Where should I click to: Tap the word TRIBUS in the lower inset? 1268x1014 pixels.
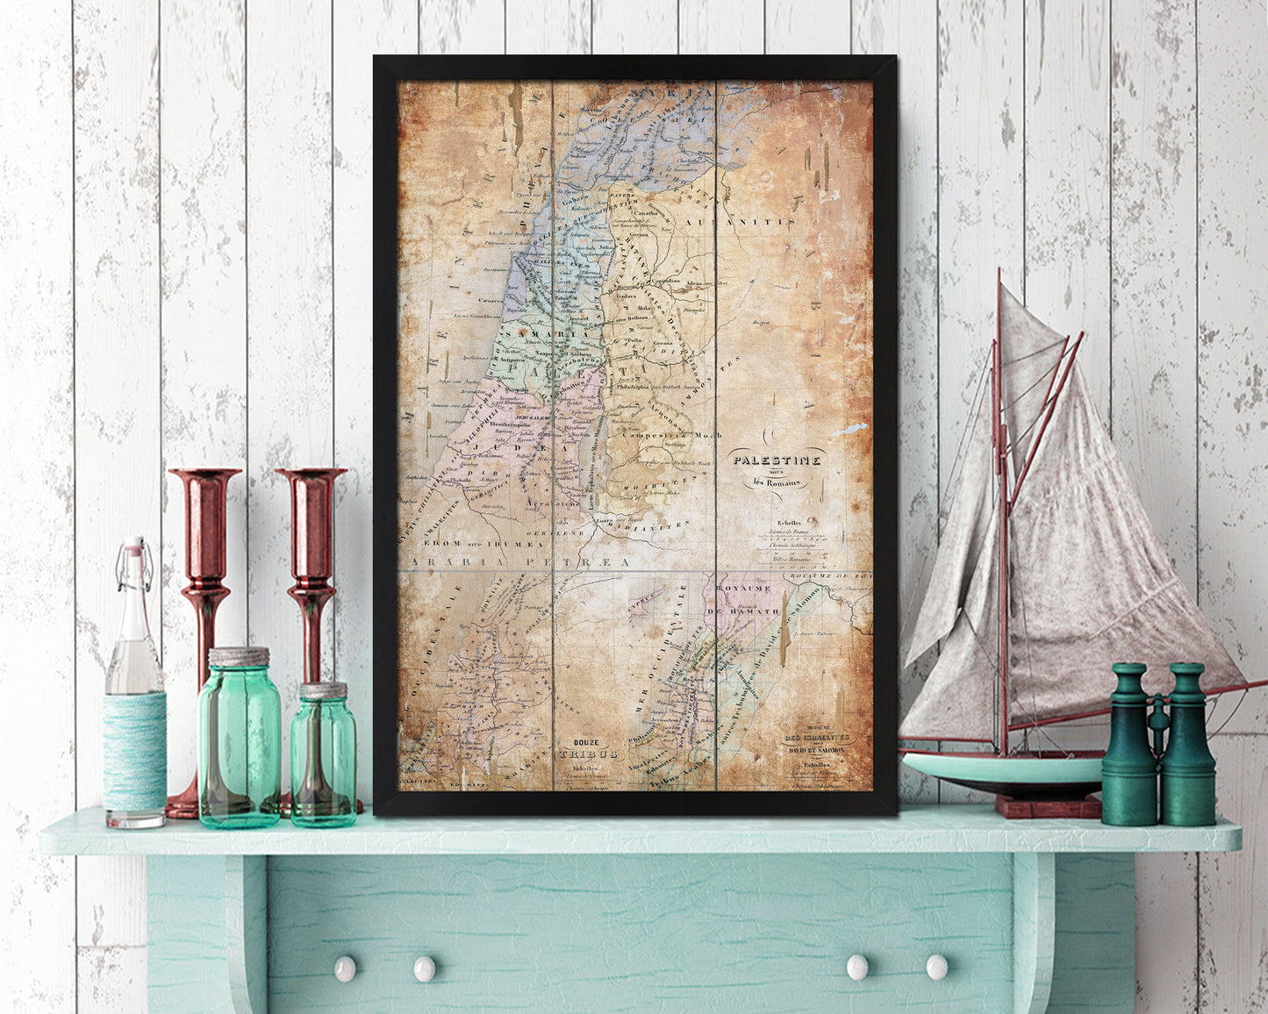coord(589,753)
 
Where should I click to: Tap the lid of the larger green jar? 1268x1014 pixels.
coord(239,657)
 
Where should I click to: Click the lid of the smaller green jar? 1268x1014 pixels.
coord(324,690)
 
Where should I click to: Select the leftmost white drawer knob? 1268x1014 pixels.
coord(344,968)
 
